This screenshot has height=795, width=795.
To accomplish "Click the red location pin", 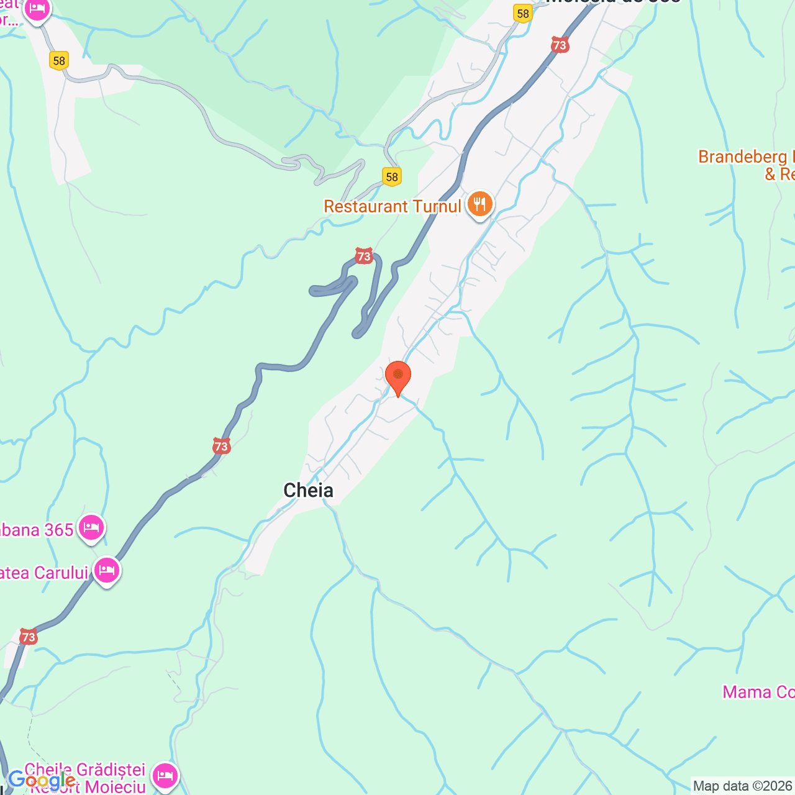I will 397,376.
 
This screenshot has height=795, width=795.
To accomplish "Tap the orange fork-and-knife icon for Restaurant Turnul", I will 479,204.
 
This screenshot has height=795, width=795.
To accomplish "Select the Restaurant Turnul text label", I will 393,206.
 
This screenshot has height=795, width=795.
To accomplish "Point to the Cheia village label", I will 308,491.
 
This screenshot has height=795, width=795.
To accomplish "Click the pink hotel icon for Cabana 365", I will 91,529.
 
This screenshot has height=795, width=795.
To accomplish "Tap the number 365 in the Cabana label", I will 59,530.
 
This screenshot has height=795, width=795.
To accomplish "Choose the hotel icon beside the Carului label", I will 106,570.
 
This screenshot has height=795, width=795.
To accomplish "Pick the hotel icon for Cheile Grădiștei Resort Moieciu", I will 165,776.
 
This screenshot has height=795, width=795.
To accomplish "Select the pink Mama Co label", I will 758,692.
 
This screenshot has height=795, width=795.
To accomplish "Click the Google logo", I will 42,780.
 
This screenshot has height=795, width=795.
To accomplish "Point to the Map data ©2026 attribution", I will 743,786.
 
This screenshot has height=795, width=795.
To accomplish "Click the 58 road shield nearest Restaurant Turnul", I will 392,177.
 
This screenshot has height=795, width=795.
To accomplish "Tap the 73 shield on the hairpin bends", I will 363,256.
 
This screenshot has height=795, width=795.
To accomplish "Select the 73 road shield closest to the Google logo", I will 28,637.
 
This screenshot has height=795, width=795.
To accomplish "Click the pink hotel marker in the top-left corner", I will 37,10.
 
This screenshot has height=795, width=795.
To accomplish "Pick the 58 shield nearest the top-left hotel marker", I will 59,61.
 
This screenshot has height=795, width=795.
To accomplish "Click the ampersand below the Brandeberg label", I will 771,175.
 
